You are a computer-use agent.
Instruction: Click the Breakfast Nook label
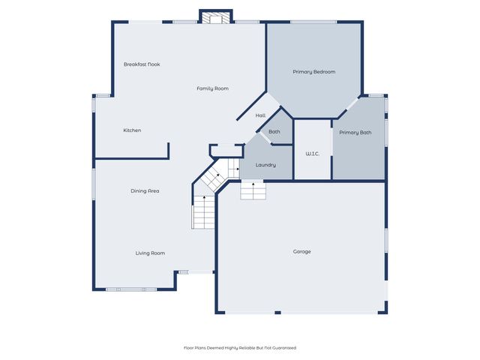pyautogui.click(x=142, y=64)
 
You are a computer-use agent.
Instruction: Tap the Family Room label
pyautogui.click(x=212, y=88)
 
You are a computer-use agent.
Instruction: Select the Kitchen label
pyautogui.click(x=132, y=130)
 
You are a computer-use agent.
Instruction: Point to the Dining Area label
pyautogui.click(x=145, y=191)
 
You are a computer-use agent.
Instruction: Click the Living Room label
pyautogui.click(x=150, y=253)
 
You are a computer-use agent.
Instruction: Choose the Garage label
pyautogui.click(x=301, y=251)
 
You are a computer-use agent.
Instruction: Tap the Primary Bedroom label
pyautogui.click(x=313, y=72)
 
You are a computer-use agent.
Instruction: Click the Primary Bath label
pyautogui.click(x=355, y=133)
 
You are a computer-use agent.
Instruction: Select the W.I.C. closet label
pyautogui.click(x=312, y=154)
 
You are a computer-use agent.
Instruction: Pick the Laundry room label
pyautogui.click(x=265, y=165)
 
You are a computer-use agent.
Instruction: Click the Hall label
pyautogui.click(x=260, y=115)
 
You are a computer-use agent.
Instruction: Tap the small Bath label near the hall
pyautogui.click(x=274, y=132)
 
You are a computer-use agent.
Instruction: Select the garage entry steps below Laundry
pyautogui.click(x=253, y=191)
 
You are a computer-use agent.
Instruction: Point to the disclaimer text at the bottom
pyautogui.click(x=240, y=348)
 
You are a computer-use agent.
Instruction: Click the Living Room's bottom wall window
pyautogui.click(x=130, y=289)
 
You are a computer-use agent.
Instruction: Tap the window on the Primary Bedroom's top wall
pyautogui.click(x=313, y=22)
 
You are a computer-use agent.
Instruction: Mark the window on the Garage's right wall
pyautogui.click(x=387, y=240)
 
